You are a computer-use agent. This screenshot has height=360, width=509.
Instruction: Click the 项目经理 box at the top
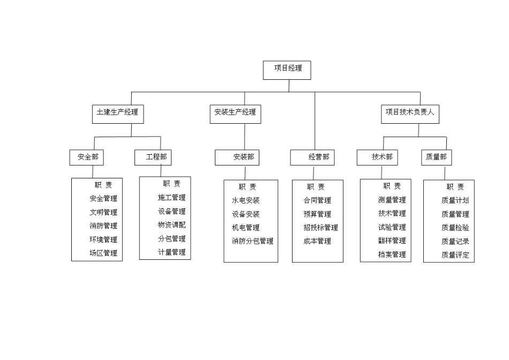pos(287,70)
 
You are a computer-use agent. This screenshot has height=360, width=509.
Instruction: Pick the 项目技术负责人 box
pos(410,114)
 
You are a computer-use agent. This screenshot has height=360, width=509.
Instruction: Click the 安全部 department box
pos(87,157)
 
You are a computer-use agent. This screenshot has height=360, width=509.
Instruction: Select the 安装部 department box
pos(237,157)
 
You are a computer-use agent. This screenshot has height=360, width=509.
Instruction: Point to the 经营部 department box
pos(312,157)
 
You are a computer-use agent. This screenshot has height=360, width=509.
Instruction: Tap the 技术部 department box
pos(377,157)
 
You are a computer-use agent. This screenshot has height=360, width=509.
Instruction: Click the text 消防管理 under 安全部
pos(103,226)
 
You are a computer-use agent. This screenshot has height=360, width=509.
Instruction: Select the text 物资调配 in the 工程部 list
pos(171,225)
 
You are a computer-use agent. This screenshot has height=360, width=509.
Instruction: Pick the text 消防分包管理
pos(252,241)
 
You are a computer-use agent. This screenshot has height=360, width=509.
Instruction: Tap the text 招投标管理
pos(320,228)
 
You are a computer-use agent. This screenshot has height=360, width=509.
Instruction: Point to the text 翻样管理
pos(392,241)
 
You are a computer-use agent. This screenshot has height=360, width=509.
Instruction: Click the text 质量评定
pos(455,255)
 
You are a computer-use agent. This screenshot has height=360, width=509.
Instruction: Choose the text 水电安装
pos(245,200)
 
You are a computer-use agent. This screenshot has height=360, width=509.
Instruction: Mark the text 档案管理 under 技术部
pos(392,254)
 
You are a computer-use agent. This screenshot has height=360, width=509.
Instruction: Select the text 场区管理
pos(103,253)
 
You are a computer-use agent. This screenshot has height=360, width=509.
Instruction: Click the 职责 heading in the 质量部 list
pos(455,187)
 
